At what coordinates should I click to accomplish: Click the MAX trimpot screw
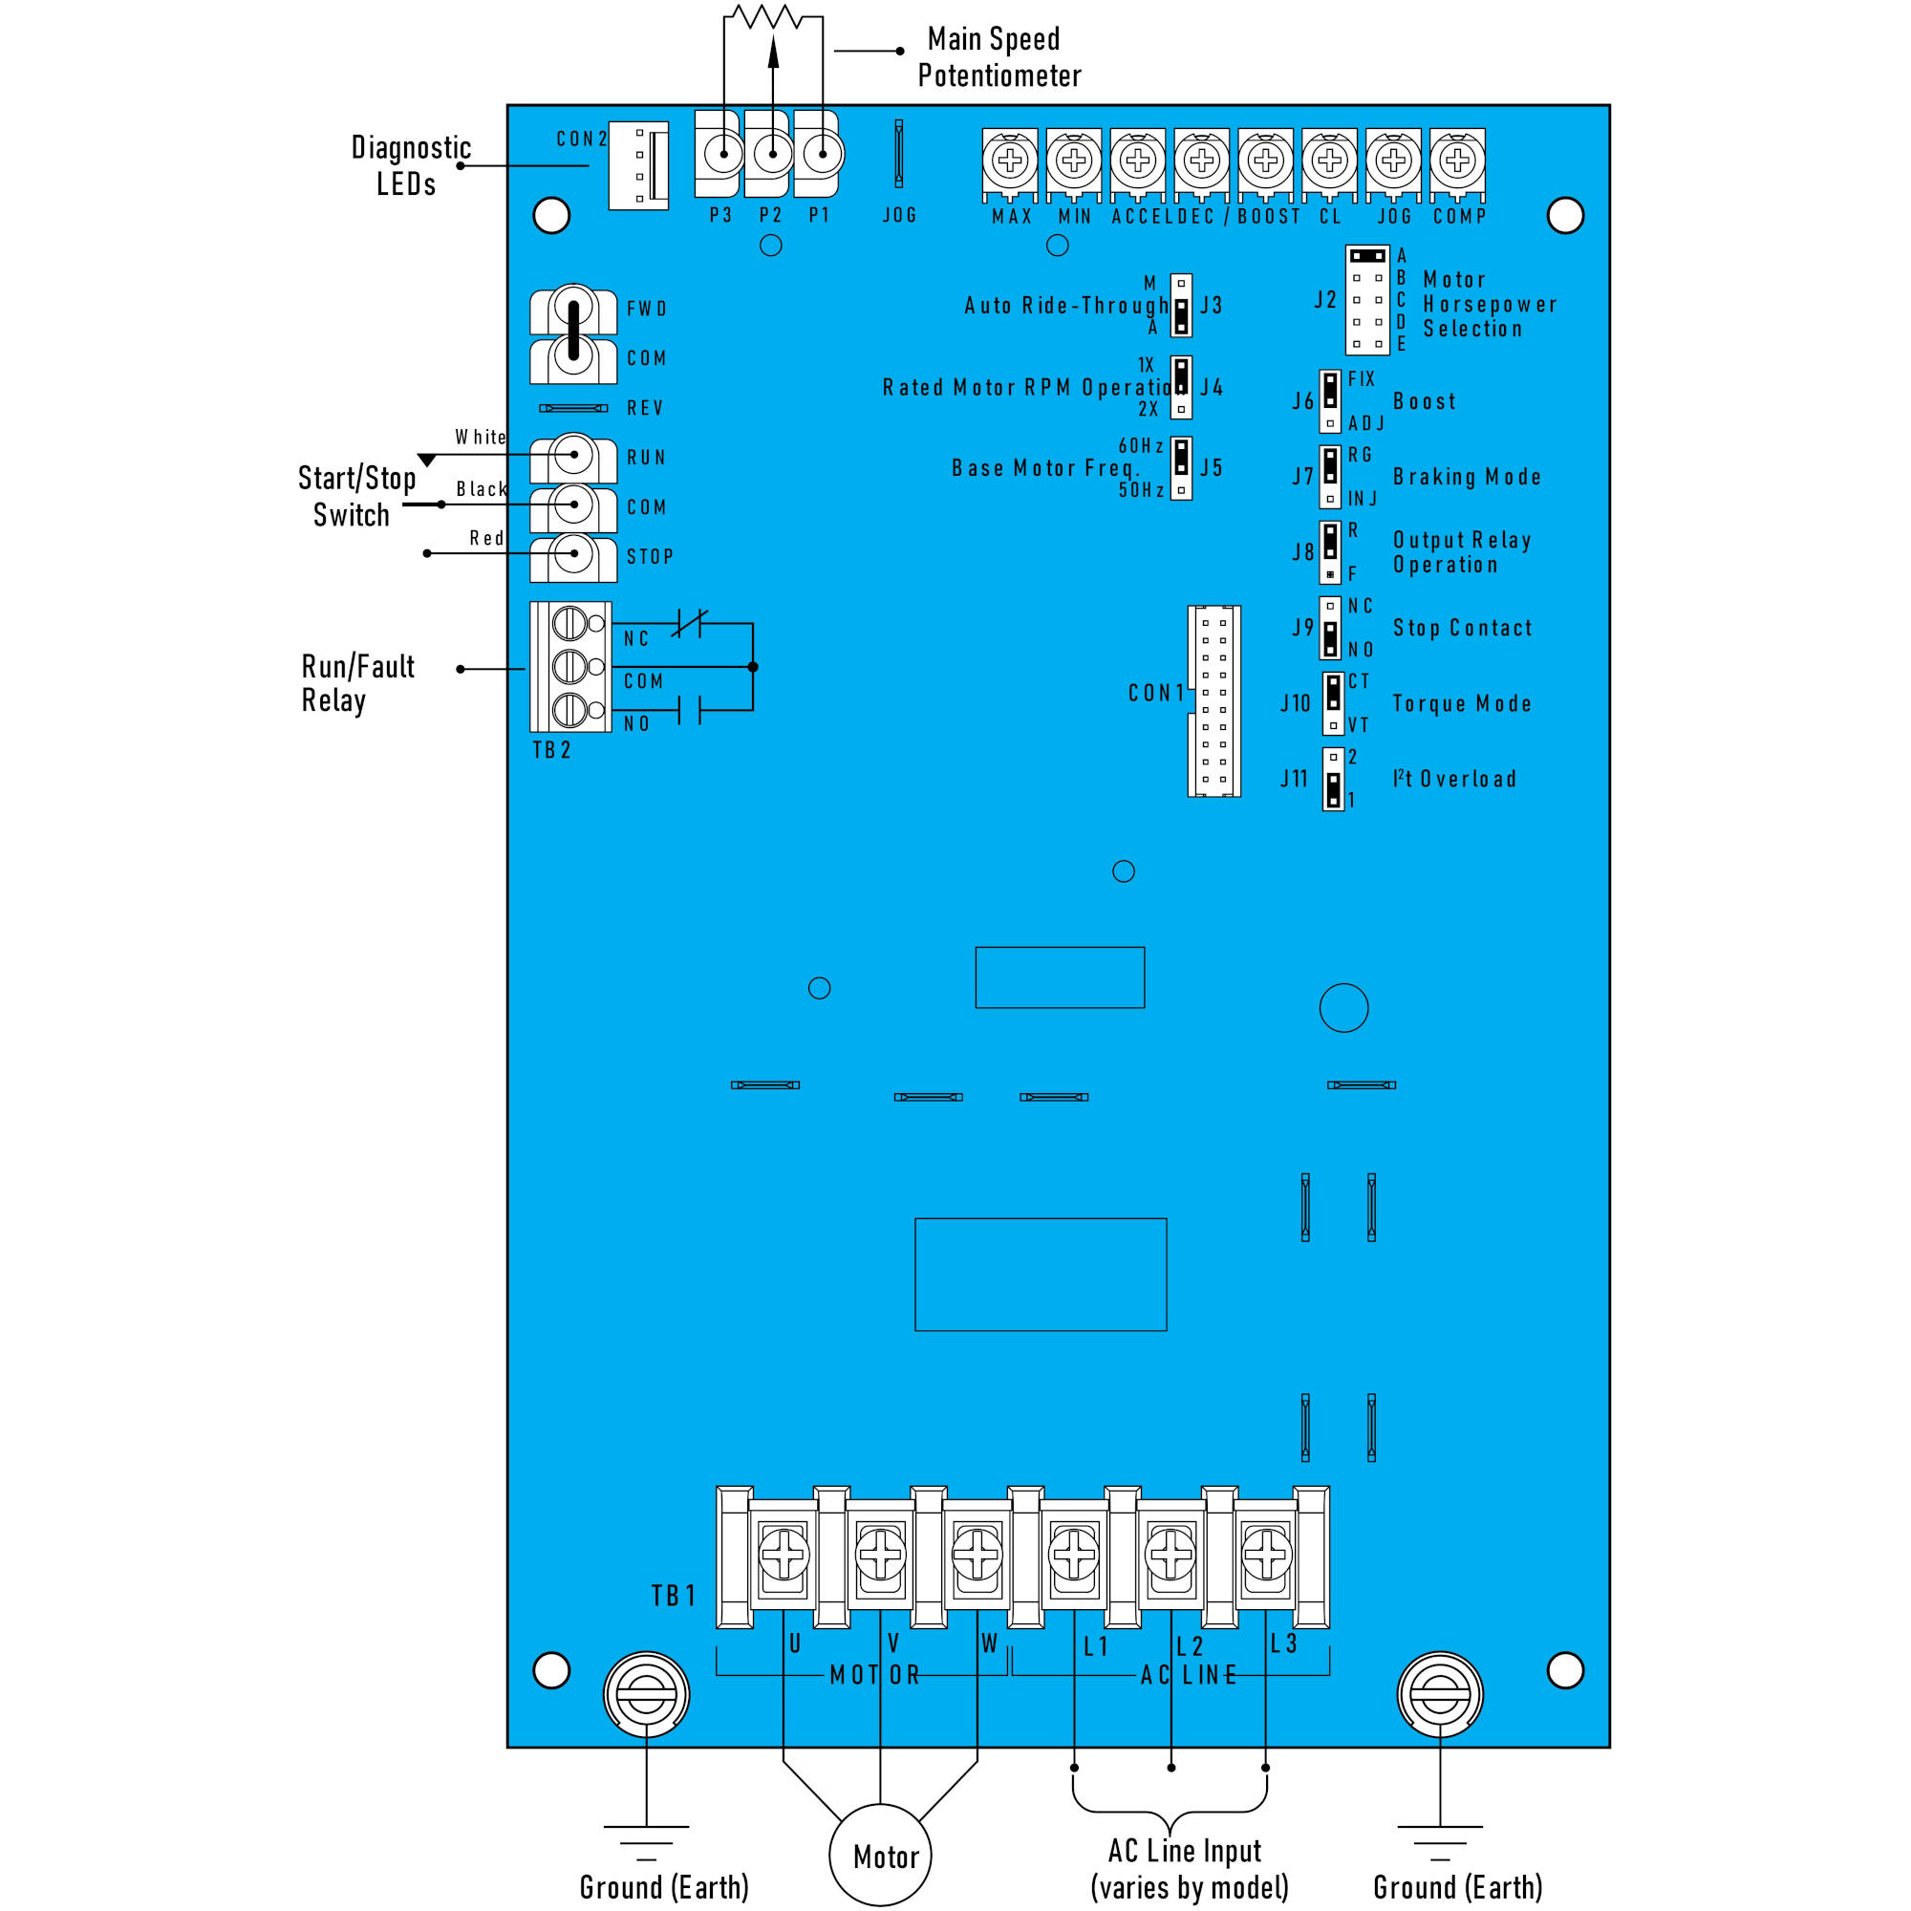click(x=1010, y=161)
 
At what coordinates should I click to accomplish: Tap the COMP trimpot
click(x=1456, y=161)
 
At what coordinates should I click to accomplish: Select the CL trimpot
click(x=1328, y=161)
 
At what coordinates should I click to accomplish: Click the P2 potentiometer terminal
click(x=772, y=154)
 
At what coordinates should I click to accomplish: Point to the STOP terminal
click(x=573, y=554)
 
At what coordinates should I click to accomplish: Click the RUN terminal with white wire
click(x=573, y=455)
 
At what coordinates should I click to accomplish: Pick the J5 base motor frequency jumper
click(x=1181, y=468)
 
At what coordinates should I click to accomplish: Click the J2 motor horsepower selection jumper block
click(x=1367, y=300)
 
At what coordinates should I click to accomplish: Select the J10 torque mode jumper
click(x=1333, y=703)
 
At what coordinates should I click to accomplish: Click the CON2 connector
click(x=639, y=165)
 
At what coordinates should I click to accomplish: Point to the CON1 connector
click(x=1213, y=700)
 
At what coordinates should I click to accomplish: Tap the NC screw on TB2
click(x=569, y=623)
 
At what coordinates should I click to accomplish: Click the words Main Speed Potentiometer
click(x=998, y=57)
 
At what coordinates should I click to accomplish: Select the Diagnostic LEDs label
click(x=410, y=165)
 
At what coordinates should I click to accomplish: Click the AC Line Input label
click(x=1188, y=1867)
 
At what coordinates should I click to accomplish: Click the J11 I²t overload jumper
click(x=1333, y=779)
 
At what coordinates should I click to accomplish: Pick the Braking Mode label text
click(x=1466, y=477)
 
